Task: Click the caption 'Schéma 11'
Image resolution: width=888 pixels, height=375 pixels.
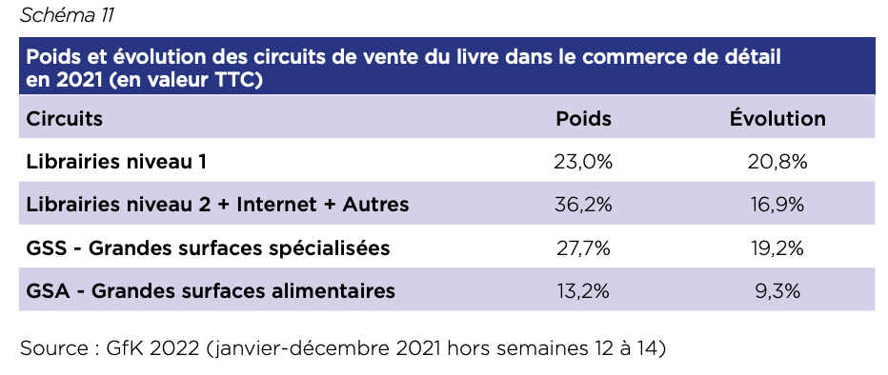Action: tap(67, 15)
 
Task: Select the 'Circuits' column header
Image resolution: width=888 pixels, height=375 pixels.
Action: tap(65, 119)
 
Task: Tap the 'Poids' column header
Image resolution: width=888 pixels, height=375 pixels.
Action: tap(583, 119)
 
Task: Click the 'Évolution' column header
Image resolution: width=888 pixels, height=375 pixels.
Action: tap(777, 118)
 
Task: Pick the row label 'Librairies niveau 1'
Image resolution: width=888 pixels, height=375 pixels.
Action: tap(116, 162)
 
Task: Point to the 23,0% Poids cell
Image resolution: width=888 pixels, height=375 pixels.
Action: tap(583, 163)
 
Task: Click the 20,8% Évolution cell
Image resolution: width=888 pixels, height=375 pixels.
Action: tap(777, 163)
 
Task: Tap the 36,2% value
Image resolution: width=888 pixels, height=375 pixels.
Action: tap(583, 205)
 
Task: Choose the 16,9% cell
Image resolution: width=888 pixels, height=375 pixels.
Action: tap(777, 205)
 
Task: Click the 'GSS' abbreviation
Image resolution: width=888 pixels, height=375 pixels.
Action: tap(47, 247)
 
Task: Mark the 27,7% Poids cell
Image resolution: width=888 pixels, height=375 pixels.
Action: tap(583, 247)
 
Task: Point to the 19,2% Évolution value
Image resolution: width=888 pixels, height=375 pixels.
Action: tap(777, 247)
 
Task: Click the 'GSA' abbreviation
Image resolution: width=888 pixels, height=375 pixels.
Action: tap(48, 290)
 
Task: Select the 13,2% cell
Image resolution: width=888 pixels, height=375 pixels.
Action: tap(583, 290)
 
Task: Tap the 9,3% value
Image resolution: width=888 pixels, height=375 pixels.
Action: tap(777, 290)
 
